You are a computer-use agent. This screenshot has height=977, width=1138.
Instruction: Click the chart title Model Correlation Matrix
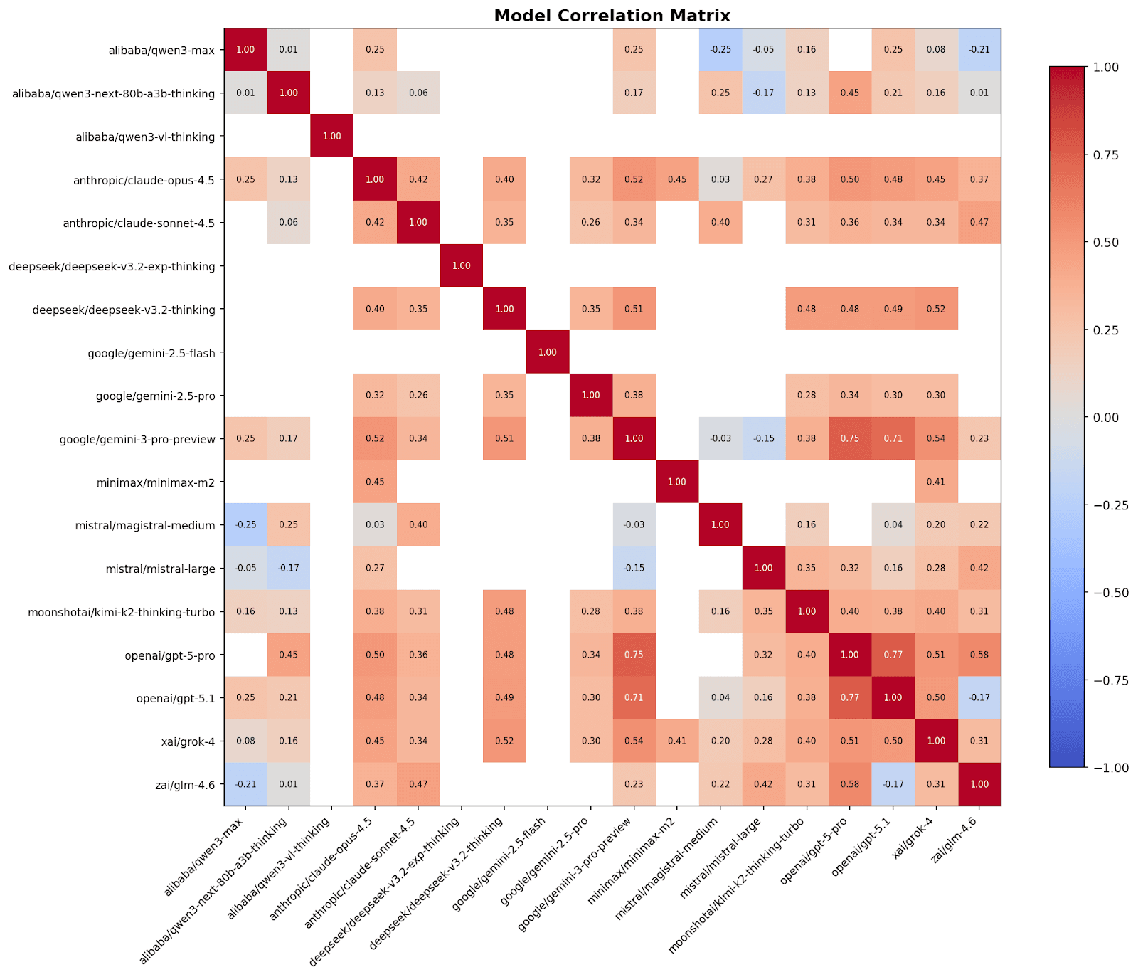(x=612, y=16)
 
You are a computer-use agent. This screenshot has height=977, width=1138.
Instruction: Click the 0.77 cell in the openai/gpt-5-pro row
(x=893, y=655)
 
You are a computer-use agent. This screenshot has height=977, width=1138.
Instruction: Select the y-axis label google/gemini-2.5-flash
(x=151, y=353)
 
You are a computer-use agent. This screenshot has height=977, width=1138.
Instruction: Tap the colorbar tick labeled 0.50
(x=1105, y=243)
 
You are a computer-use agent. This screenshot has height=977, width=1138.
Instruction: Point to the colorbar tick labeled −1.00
(x=1110, y=768)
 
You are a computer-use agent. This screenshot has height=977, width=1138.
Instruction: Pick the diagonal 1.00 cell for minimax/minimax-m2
(x=676, y=482)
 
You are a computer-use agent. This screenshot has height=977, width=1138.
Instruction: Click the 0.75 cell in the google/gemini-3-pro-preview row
(x=849, y=438)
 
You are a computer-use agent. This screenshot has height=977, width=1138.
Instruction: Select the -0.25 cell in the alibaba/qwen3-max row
(x=720, y=50)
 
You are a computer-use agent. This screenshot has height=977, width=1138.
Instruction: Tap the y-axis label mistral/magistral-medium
(x=145, y=526)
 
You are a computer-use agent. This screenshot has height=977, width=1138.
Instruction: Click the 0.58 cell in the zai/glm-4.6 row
(x=849, y=784)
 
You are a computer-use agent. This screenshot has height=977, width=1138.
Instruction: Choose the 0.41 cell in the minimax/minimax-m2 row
(x=936, y=482)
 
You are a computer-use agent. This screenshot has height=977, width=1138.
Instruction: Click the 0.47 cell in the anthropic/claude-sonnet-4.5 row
(x=979, y=223)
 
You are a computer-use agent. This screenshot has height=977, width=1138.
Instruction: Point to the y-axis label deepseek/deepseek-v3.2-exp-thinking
(x=112, y=267)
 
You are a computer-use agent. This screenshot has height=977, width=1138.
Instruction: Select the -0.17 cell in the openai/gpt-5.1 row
(x=979, y=697)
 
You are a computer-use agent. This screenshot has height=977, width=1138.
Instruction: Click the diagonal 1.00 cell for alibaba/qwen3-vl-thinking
(x=331, y=136)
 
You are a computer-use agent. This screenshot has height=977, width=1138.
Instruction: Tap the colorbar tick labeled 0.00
(x=1105, y=418)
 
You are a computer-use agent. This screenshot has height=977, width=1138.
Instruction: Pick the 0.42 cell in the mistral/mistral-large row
(x=979, y=568)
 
